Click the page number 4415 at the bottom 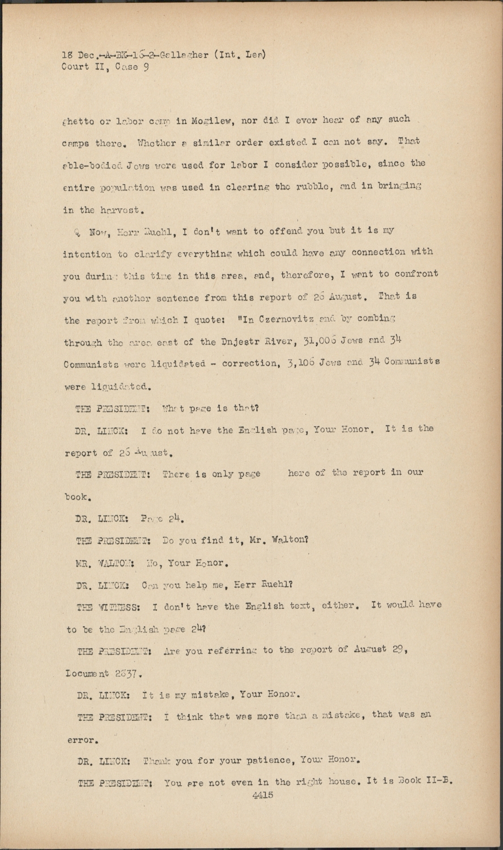(x=263, y=795)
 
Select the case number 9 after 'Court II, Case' (x=146, y=67)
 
